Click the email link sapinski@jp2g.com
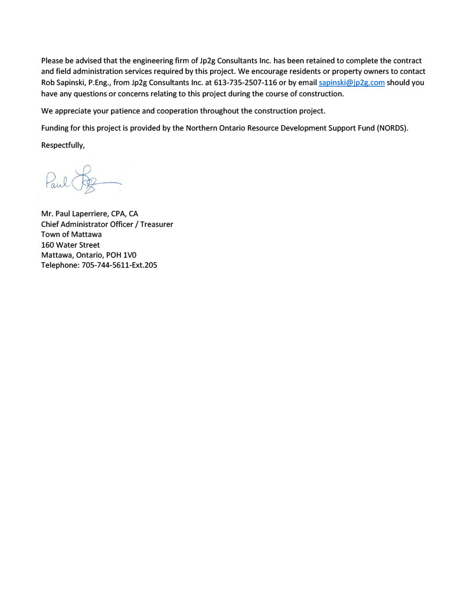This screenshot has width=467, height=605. tap(351, 83)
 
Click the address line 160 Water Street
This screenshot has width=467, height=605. tap(70, 245)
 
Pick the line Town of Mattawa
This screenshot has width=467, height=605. tap(71, 234)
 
